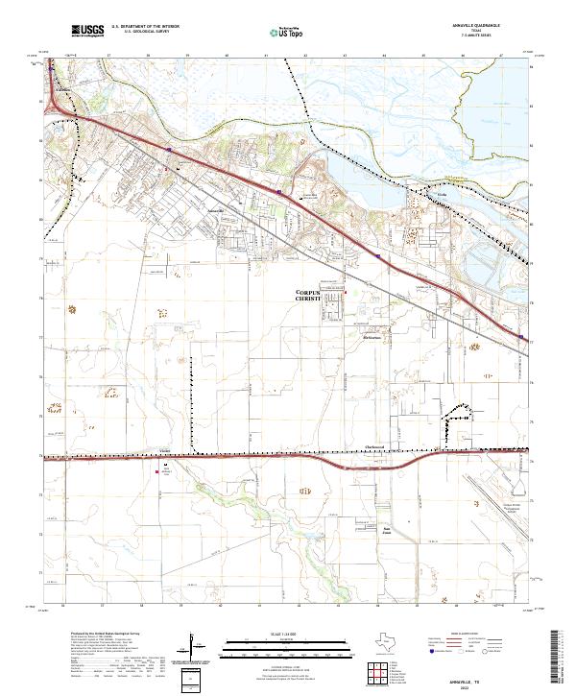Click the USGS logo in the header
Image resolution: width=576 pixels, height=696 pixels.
pyautogui.click(x=87, y=32)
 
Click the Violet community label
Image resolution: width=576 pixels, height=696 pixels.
pyautogui.click(x=164, y=448)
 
